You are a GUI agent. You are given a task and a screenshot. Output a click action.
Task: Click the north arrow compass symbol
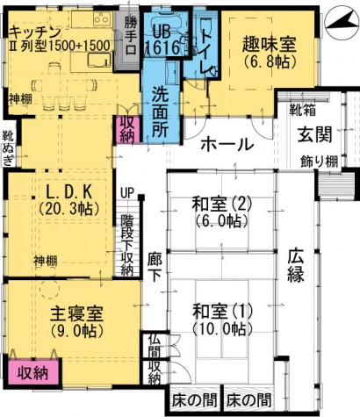click(342, 24)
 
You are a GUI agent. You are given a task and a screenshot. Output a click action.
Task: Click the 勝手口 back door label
click(130, 36)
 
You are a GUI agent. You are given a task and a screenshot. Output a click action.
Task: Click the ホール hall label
click(227, 144)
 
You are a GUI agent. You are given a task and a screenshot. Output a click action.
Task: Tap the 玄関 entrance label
click(314, 135)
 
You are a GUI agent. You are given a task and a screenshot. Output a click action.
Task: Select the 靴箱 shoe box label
click(302, 110)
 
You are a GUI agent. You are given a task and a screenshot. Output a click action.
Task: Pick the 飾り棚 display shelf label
click(320, 162)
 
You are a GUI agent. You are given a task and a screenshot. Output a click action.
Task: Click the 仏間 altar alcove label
click(155, 346)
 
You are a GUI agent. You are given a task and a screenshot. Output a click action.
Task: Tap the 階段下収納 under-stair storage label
click(127, 246)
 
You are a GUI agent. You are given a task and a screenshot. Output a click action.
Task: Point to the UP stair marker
click(127, 192)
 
